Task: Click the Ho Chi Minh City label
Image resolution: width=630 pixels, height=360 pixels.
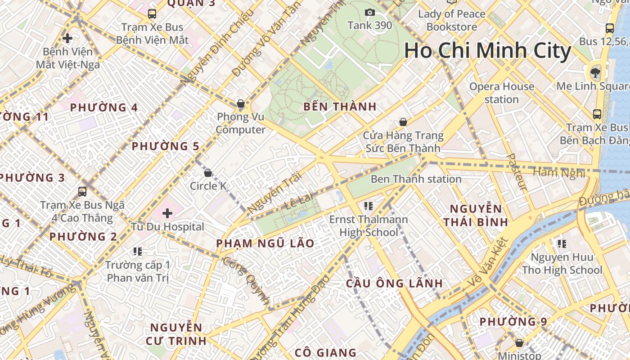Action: pos(487,50)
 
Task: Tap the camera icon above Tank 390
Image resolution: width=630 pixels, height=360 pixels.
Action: pos(370,12)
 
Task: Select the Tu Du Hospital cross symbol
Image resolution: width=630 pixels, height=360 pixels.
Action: pos(167,213)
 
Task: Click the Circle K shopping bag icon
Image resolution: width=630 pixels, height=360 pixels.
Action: pos(208,173)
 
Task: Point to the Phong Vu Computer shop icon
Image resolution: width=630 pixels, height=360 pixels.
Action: pos(241,104)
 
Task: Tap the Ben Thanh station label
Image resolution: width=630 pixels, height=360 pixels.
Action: pos(416,179)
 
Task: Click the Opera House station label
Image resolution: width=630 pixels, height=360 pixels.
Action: pos(502,93)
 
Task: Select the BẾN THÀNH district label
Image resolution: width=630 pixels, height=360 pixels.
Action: pos(340,107)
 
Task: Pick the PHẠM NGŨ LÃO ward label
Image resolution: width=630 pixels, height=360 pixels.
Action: pos(265,243)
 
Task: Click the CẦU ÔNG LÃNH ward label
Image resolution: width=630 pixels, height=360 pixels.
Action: pos(394,283)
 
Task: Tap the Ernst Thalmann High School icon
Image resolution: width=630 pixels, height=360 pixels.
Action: pos(369,206)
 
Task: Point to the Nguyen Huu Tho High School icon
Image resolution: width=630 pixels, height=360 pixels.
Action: pos(562,244)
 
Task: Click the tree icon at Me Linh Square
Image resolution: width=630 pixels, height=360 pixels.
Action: pos(595,72)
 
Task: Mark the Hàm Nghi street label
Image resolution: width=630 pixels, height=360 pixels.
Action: pos(558,172)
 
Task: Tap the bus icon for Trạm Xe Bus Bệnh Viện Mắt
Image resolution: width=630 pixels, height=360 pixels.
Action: pos(152,13)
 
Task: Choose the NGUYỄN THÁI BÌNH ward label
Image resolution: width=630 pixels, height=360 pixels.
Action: pos(476,216)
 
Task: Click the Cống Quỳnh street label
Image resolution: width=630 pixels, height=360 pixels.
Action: pos(246,281)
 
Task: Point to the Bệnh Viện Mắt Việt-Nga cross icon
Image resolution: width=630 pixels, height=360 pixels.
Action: pos(67,38)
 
